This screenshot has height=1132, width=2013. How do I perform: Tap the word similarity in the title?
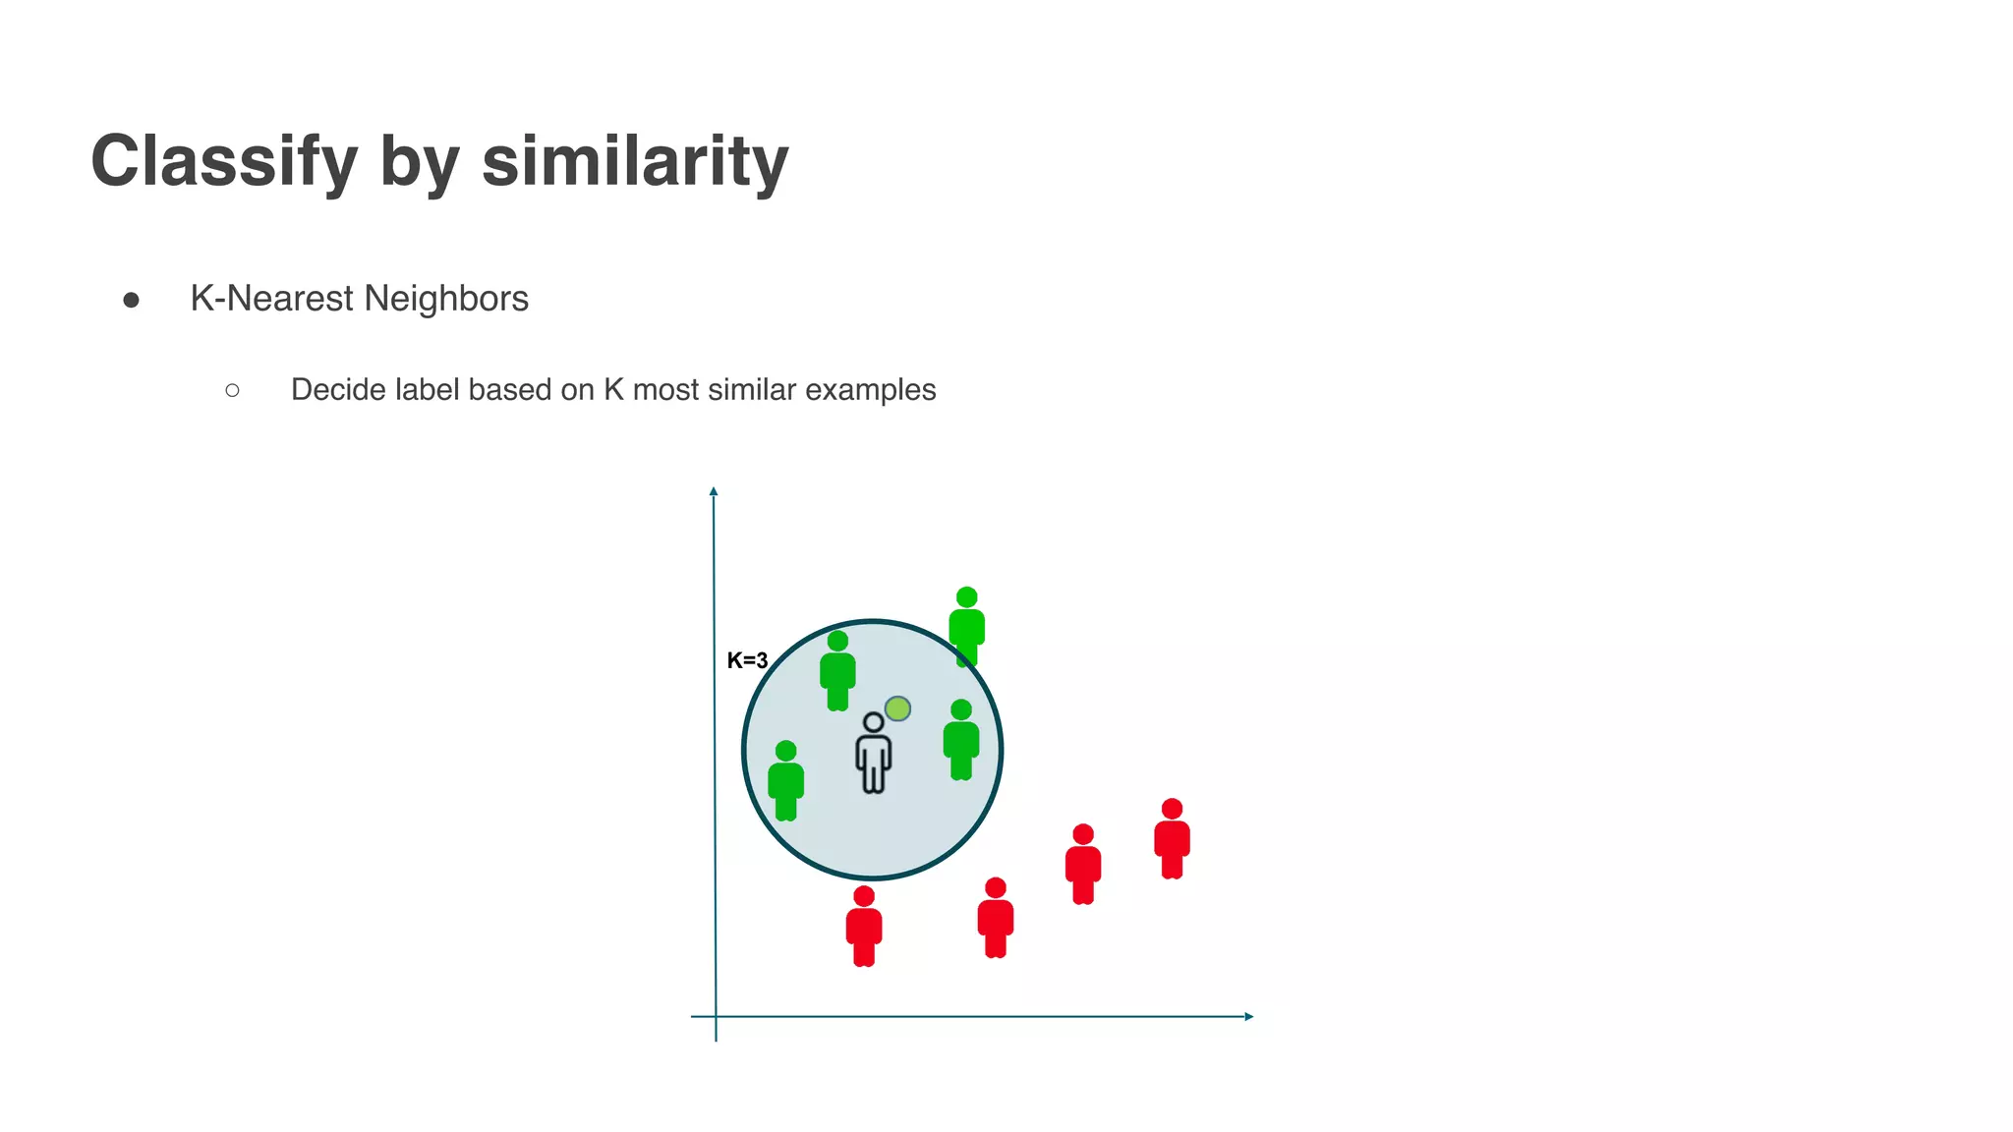point(635,160)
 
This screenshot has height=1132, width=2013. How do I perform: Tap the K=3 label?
point(747,661)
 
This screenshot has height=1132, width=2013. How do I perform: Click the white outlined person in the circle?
point(873,754)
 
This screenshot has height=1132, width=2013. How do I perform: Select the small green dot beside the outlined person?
point(897,708)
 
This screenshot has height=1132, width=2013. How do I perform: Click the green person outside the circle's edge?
point(966,627)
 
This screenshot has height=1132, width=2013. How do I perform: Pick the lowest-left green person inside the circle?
point(785,781)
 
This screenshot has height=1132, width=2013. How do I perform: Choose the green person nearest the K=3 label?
point(837,671)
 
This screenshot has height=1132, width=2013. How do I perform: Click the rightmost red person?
point(1172,839)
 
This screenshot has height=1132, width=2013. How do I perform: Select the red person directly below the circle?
point(864,927)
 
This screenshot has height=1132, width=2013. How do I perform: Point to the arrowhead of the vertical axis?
point(714,491)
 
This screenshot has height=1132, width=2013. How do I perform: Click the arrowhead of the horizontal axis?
point(1248,1016)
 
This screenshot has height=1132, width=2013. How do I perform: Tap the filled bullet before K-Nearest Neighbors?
point(132,300)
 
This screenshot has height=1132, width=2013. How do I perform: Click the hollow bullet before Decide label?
point(232,391)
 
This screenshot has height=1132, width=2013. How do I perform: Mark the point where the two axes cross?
point(716,1016)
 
